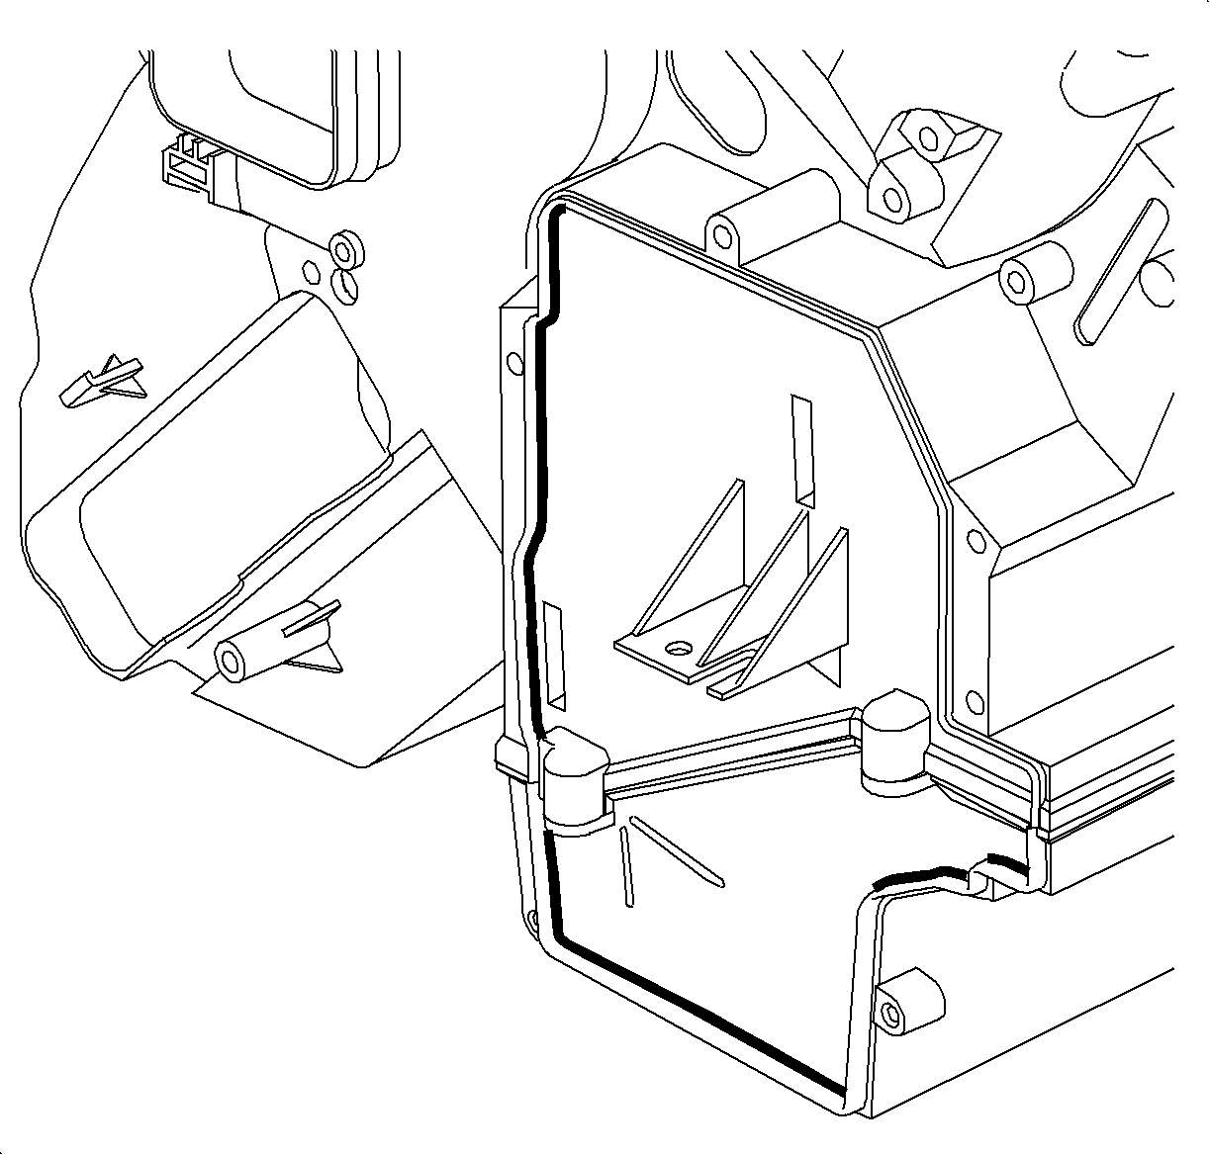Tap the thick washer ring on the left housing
346,246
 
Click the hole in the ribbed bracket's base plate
678,650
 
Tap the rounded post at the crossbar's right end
895,743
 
